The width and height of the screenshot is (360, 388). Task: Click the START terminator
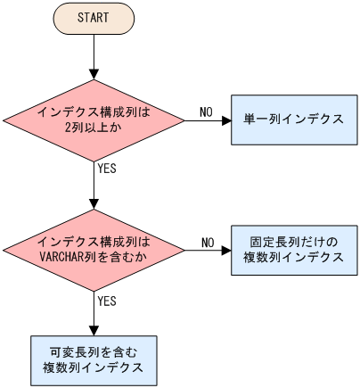[94, 17]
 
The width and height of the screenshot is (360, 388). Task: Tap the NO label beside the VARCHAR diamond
[208, 242]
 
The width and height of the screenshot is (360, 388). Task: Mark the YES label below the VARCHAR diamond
[106, 301]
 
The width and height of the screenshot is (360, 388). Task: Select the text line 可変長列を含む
[94, 351]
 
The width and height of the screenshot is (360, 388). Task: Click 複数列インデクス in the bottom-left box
[94, 367]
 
